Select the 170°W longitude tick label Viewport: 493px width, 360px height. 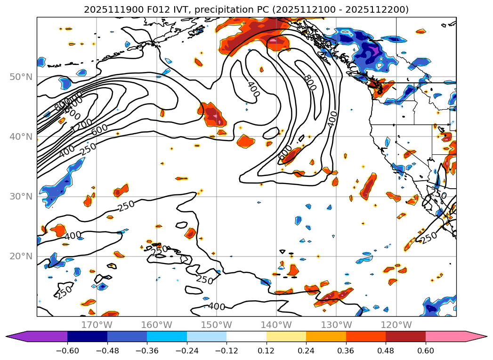(97, 325)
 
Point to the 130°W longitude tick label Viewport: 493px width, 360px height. (336, 325)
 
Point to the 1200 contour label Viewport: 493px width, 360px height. (81, 125)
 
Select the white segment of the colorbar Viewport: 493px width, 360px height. (246, 336)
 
